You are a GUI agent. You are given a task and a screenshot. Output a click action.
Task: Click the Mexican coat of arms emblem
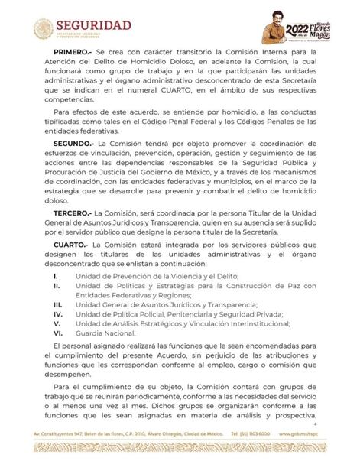click(43, 29)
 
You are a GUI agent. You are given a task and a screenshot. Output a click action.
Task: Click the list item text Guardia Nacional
click(106, 333)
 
